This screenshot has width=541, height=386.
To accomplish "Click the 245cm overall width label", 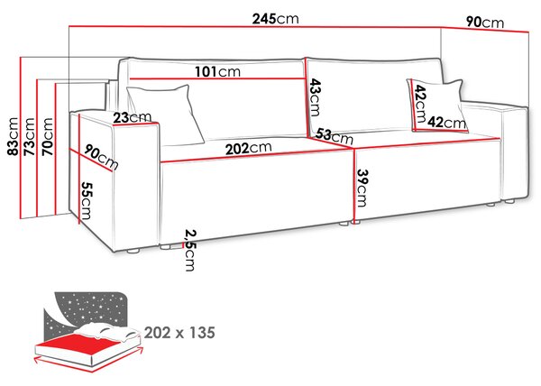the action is coord(275,19).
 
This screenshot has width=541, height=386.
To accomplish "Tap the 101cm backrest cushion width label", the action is coord(217,72).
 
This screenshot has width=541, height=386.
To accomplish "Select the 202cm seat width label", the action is coord(249,148).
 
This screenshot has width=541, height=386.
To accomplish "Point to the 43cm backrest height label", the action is coord(315,97).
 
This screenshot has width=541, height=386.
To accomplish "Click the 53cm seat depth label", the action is coord(334,136).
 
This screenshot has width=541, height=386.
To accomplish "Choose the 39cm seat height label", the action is coord(362,188).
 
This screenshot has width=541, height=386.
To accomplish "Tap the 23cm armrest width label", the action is coord(133,117).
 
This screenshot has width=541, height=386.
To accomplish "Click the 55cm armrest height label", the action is coord(86,201).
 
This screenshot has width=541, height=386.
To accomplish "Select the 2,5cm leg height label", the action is coord(189,250).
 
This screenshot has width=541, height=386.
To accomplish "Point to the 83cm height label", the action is coord(14,136).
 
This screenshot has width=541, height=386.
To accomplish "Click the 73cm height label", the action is coord(30,136).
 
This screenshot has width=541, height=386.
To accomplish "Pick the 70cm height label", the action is coord(47,136).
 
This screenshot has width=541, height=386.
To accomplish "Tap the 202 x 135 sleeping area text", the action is coord(179,333).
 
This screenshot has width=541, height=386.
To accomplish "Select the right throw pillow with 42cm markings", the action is coord(437,106).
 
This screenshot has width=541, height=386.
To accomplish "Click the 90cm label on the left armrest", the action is coord(101,158).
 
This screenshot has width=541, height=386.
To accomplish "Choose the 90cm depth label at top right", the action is coord(485,23).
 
